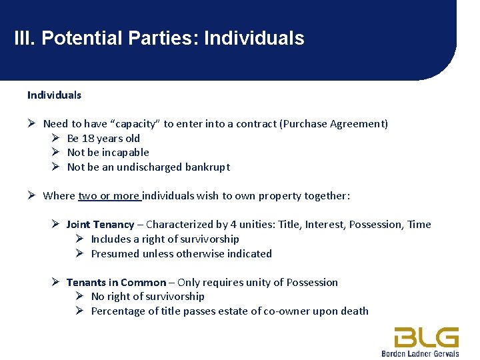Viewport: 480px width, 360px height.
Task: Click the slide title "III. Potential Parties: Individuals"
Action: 159,39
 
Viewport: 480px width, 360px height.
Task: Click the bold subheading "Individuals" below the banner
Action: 54,95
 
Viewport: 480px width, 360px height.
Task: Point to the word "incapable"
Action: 126,152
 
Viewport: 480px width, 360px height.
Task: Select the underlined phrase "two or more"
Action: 109,195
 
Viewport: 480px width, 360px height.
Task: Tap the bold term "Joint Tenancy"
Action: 100,224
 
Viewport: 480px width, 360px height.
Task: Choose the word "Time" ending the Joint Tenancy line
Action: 419,224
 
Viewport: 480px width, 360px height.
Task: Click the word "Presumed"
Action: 113,253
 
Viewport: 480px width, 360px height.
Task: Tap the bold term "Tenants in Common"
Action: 116,282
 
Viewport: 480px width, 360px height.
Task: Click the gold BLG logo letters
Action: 426,337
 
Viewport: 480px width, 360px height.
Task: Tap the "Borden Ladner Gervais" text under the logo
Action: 420,353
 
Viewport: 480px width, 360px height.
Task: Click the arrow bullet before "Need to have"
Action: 31,123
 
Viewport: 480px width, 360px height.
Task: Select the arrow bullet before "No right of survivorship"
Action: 79,296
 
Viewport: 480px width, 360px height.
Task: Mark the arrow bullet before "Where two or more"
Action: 31,195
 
